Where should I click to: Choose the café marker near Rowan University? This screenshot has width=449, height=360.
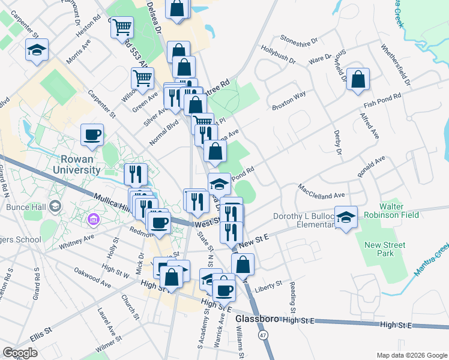click(92, 135)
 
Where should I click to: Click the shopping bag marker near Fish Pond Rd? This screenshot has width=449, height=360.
click(358, 80)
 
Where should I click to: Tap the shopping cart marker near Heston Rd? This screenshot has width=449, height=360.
click(122, 27)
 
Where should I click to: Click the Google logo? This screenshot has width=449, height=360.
click(20, 353)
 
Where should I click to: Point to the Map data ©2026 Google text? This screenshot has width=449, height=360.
click(411, 355)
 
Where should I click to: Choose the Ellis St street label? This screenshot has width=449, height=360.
click(41, 330)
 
